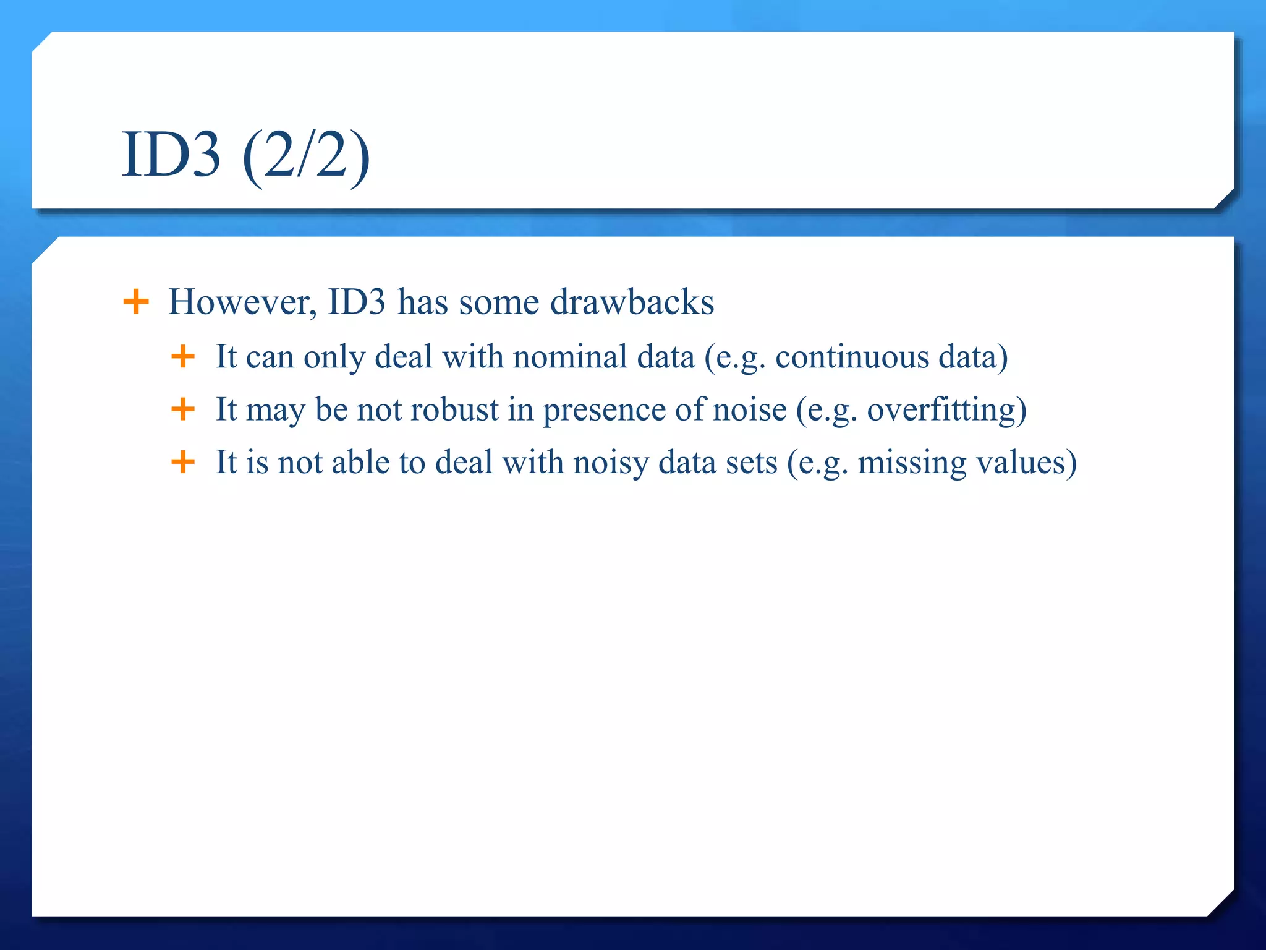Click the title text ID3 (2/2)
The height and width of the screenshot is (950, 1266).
coord(245,155)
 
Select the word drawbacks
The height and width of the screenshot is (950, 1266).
coord(632,302)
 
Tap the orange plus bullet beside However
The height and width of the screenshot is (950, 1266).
coord(136,302)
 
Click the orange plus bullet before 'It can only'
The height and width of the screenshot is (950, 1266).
coord(183,356)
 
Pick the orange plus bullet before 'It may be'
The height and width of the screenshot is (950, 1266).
coord(183,409)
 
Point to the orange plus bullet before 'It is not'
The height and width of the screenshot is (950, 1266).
coord(183,461)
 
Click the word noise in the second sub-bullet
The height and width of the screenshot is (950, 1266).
coord(750,409)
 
